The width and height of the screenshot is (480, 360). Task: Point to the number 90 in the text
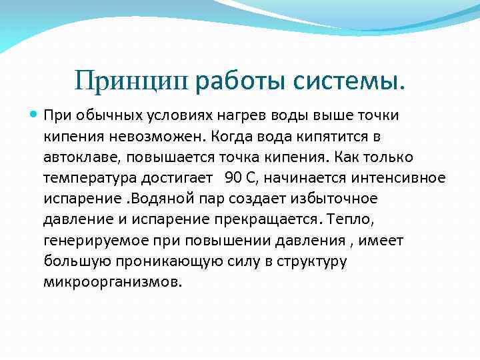233,178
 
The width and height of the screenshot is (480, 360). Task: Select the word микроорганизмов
112,281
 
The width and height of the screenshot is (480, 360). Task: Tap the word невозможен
155,137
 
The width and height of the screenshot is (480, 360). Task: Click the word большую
72,261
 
